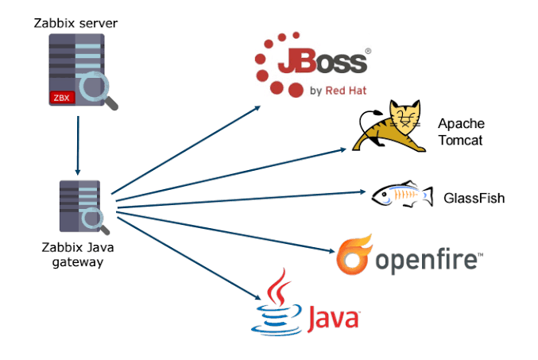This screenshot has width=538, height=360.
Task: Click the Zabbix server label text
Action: coord(75,23)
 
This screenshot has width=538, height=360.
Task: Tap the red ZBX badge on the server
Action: coord(61,98)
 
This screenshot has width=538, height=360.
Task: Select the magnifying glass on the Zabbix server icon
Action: coord(99,89)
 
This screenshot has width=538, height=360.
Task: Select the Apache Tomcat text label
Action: coord(461,132)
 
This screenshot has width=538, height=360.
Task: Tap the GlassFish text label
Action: coord(474,198)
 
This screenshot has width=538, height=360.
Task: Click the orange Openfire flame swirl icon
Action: coord(354,255)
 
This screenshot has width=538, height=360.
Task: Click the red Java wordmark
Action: coord(329,319)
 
